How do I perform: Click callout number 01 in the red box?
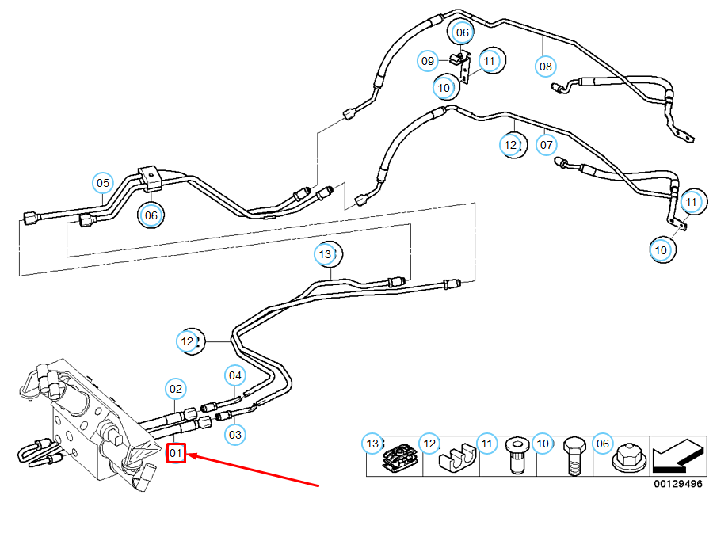pyautogui.click(x=176, y=453)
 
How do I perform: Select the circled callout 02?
pyautogui.click(x=176, y=389)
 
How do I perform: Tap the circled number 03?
pyautogui.click(x=234, y=434)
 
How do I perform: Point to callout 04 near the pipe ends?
pyautogui.click(x=234, y=375)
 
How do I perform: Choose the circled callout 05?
pyautogui.click(x=103, y=184)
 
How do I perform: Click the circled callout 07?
pyautogui.click(x=546, y=145)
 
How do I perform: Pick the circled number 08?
pyautogui.click(x=546, y=66)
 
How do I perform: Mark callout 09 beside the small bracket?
pyautogui.click(x=428, y=60)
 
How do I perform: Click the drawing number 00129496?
pyautogui.click(x=677, y=484)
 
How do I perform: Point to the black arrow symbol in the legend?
pyautogui.click(x=678, y=456)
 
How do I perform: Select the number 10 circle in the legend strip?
pyautogui.click(x=542, y=444)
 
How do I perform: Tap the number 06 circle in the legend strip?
pyautogui.click(x=603, y=444)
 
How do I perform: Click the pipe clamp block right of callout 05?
pyautogui.click(x=151, y=178)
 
